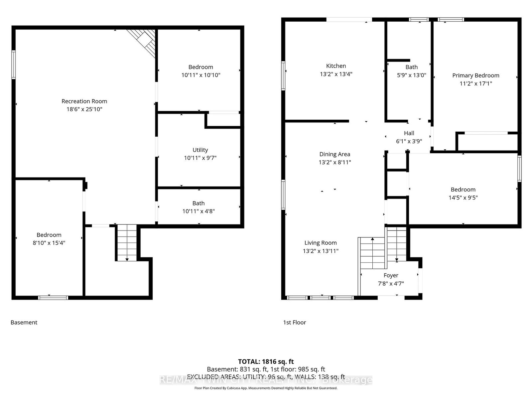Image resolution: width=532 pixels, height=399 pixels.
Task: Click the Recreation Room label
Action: pyautogui.click(x=84, y=101)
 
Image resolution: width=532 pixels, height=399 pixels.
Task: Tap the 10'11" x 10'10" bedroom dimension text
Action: pyautogui.click(x=200, y=75)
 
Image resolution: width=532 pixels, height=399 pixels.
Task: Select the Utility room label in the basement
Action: pyautogui.click(x=200, y=150)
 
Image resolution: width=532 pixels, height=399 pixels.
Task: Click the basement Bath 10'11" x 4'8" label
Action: pyautogui.click(x=199, y=207)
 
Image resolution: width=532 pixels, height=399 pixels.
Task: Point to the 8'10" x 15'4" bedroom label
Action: pyautogui.click(x=49, y=243)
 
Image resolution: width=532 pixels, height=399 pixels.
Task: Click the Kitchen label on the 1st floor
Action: pyautogui.click(x=336, y=66)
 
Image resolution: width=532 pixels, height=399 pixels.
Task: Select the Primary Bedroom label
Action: pyautogui.click(x=475, y=75)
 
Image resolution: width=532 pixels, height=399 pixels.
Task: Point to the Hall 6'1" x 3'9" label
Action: pyautogui.click(x=409, y=137)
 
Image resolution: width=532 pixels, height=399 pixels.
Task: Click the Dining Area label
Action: pyautogui.click(x=334, y=154)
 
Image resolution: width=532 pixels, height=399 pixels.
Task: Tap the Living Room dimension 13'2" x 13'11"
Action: pyautogui.click(x=321, y=251)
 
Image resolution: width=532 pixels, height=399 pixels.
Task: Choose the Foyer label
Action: pyautogui.click(x=391, y=275)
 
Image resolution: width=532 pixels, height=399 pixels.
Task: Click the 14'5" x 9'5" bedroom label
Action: pyautogui.click(x=463, y=198)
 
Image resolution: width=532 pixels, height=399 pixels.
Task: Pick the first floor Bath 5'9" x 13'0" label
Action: pyautogui.click(x=411, y=71)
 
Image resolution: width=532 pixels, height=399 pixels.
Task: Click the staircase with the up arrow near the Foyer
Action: pyautogui.click(x=372, y=253)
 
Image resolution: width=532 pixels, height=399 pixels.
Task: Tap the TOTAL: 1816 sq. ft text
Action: pyautogui.click(x=266, y=361)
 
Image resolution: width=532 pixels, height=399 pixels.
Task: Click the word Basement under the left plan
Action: pyautogui.click(x=24, y=322)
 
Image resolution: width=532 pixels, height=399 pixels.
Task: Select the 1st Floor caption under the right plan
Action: pyautogui.click(x=294, y=322)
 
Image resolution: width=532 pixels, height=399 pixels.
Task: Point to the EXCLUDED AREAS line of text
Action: pyautogui.click(x=266, y=377)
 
